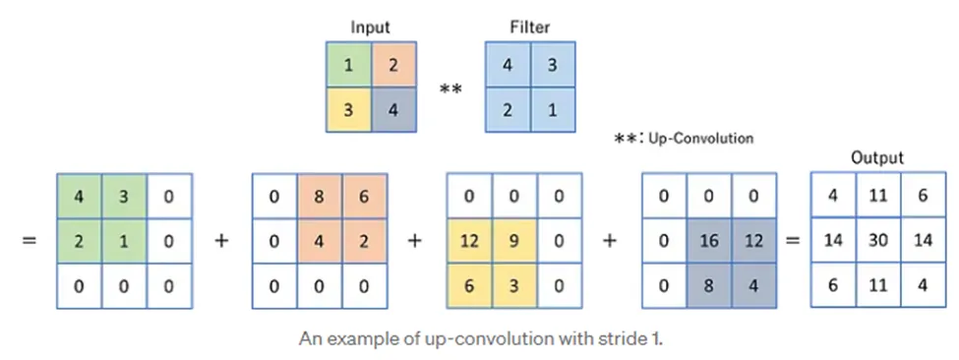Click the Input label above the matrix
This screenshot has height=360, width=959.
(x=370, y=28)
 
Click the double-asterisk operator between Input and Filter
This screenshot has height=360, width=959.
(x=450, y=90)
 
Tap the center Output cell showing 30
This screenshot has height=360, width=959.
(x=878, y=240)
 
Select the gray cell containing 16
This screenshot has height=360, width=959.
(x=709, y=240)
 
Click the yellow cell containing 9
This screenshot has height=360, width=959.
(x=514, y=240)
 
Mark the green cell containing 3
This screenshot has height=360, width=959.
(x=125, y=197)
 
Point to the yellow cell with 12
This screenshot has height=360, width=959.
(x=469, y=240)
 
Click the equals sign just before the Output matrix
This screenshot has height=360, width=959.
(x=789, y=240)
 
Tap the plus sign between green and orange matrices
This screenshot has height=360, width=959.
(x=221, y=240)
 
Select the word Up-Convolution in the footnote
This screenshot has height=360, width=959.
(x=701, y=139)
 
